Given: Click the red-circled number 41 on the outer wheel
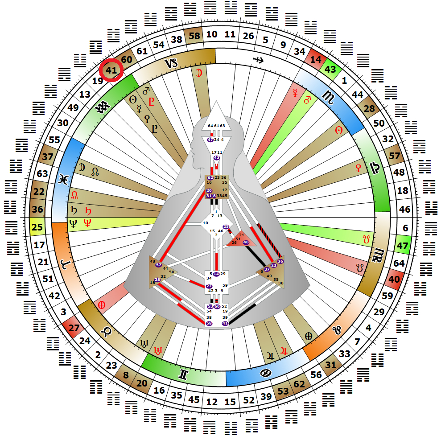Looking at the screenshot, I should (x=111, y=70).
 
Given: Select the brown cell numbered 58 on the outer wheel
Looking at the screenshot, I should (x=194, y=37).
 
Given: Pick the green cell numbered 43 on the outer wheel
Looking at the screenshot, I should (x=330, y=70).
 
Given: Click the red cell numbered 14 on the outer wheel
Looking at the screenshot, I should (x=315, y=59).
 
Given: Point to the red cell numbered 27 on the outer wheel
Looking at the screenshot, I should (x=74, y=329).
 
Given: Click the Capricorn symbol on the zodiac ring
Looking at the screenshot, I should (x=172, y=63).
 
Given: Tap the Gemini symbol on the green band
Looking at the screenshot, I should (x=183, y=375).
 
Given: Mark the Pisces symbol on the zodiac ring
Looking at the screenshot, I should (x=62, y=179).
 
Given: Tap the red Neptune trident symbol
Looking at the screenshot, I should (x=87, y=224).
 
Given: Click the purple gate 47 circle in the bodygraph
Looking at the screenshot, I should (x=210, y=140).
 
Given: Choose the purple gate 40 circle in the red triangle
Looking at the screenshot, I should (x=246, y=242).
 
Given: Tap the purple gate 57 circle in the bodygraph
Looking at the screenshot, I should (x=158, y=265).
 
